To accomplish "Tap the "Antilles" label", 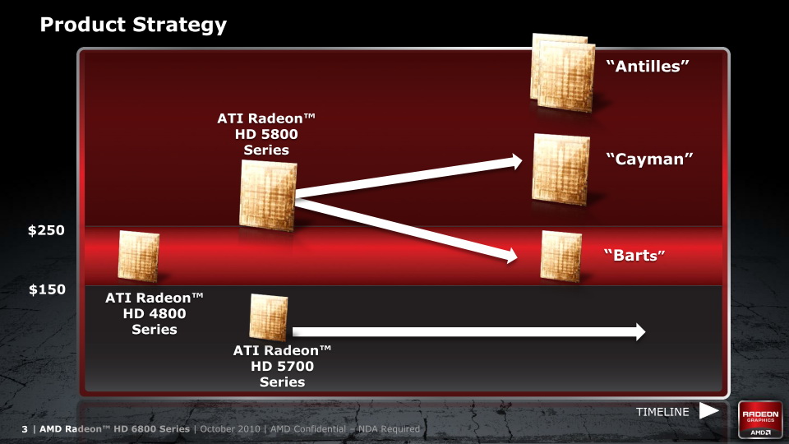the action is point(647,66).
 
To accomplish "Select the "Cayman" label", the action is point(649,159).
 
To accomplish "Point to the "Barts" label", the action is point(634,255).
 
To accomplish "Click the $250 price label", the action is point(46,230).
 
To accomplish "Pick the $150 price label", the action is point(47,289).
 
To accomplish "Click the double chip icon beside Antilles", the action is point(562,72).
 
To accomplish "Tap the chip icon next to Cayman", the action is point(561,169).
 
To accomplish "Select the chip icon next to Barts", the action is point(561,256).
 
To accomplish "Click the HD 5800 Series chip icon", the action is point(268,196).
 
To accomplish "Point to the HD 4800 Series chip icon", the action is point(138,256).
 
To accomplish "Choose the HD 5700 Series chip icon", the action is point(269,317).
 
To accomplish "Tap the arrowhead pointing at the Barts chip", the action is point(512,256).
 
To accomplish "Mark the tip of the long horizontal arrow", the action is point(646,331).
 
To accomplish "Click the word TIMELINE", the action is point(662,412).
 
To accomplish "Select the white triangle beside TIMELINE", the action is point(708,411).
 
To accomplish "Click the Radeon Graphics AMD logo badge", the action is point(760,420).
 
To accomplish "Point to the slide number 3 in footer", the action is point(25,429).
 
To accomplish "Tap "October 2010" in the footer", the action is point(230,429).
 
